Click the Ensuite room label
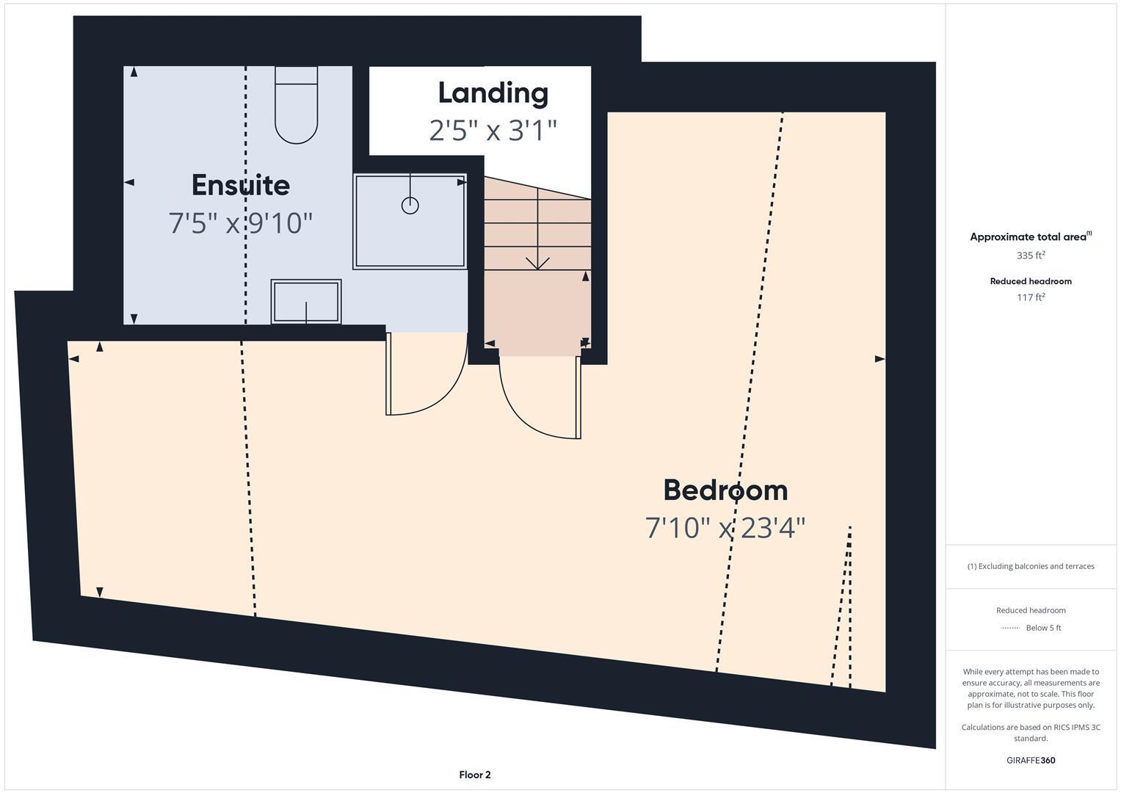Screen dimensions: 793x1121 pos(240,185)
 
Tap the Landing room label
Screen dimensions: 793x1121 pos(493,93)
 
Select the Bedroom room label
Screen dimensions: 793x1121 pos(725,490)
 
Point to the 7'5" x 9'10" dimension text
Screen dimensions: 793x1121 pos(240,222)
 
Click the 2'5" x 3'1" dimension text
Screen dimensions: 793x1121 pos(493,131)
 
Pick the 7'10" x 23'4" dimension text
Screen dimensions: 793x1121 pos(725,528)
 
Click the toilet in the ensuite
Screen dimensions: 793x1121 pos(296,106)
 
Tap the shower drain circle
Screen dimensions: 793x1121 pos(410,206)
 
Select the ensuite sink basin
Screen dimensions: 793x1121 pos(305,302)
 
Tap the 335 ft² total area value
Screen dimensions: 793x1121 pos(1030,256)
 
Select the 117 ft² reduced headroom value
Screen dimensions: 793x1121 pos(1030,297)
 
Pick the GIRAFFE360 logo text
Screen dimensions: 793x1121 pos(1030,760)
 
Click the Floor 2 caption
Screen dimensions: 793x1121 pos(474,775)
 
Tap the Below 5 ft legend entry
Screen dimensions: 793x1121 pos(1042,628)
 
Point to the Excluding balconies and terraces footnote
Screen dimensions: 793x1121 pos(1030,566)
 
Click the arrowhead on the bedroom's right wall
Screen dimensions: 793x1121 pos(879,359)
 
